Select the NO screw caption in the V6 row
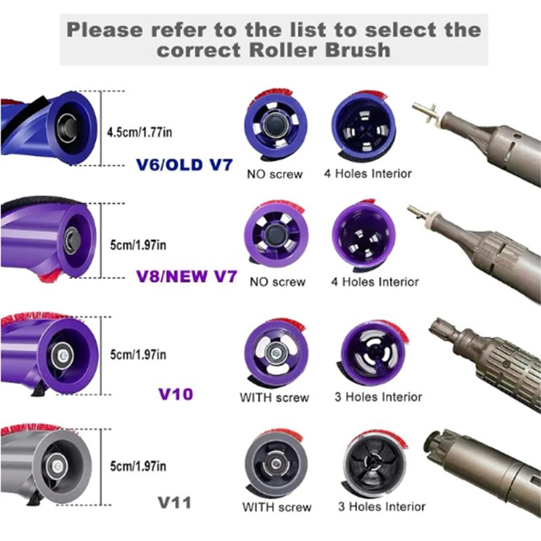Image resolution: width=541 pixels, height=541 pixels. pos(277,174)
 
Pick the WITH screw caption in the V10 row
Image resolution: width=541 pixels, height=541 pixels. pos(274,397)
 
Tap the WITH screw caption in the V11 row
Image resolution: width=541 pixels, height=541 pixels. pos(277,507)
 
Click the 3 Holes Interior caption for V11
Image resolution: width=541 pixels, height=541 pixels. pos(381,507)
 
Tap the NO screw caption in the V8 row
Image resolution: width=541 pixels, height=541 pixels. pos(277,281)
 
